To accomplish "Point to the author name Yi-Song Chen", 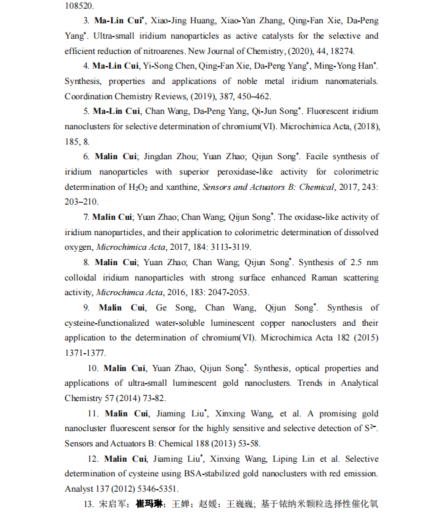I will pyautogui.click(x=167, y=66).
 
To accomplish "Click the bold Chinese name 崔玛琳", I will pyautogui.click(x=150, y=504).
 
